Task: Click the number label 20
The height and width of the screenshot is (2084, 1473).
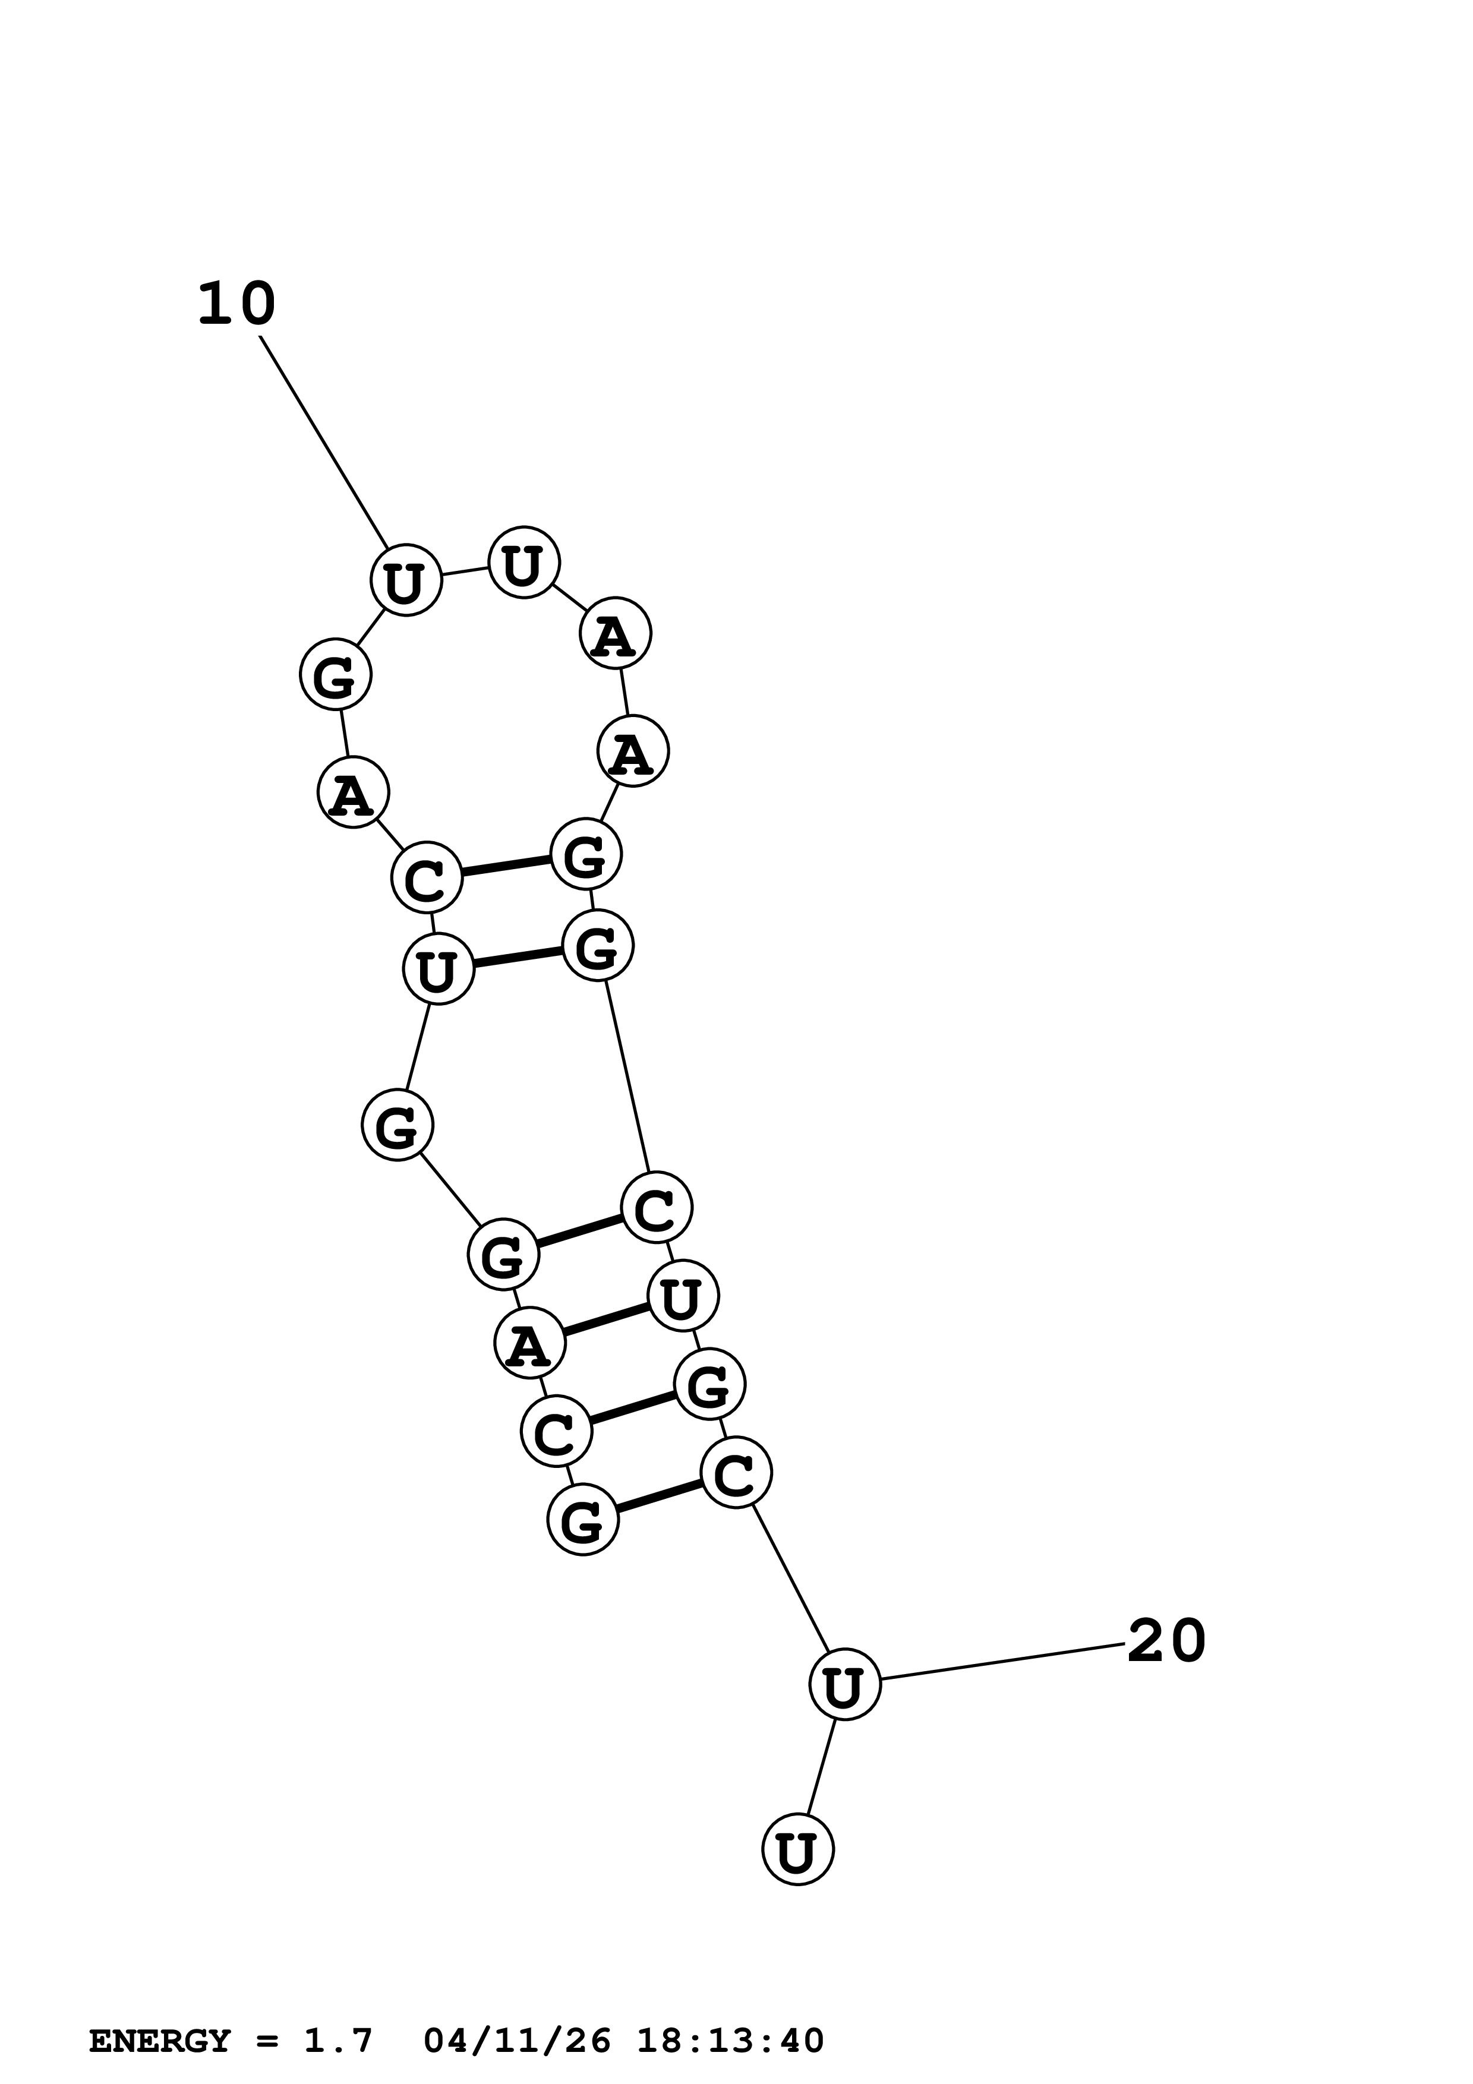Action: click(x=1166, y=1641)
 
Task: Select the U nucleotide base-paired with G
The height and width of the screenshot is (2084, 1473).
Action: click(x=439, y=970)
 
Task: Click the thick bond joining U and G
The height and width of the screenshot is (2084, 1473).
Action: click(x=518, y=958)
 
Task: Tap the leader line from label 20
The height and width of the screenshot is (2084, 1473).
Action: click(x=1003, y=1662)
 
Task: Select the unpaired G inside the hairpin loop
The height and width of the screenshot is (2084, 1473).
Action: click(x=336, y=674)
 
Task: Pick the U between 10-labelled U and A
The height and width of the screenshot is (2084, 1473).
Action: click(x=523, y=563)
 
